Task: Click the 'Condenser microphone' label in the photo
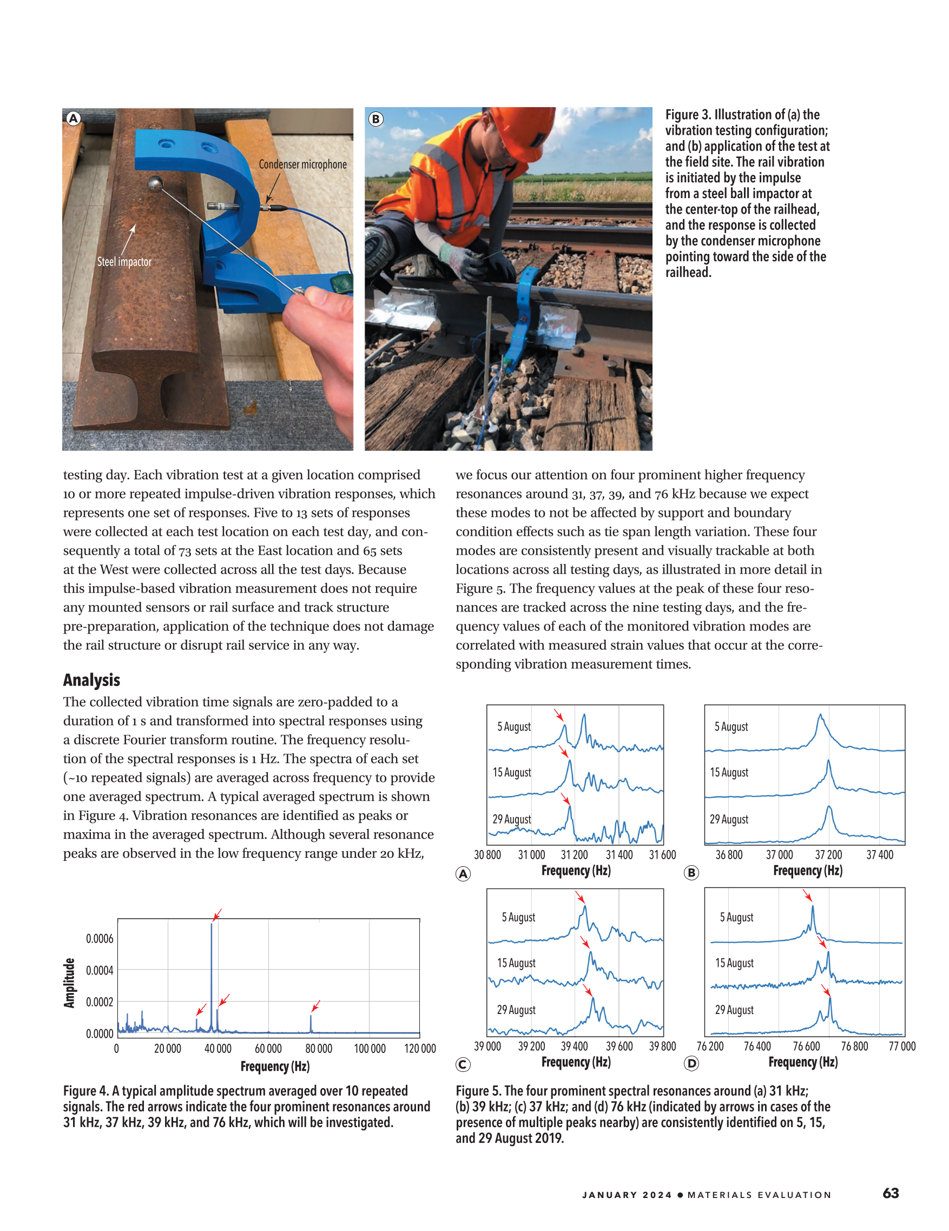(302, 164)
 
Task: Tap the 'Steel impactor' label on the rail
(124, 261)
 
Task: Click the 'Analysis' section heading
(91, 680)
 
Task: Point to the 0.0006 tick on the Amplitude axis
(99, 938)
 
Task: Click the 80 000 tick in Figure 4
(318, 1049)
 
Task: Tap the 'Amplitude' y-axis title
(69, 983)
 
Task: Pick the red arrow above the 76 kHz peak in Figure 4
(316, 1005)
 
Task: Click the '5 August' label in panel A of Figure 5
(513, 727)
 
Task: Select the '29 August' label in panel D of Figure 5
(734, 1010)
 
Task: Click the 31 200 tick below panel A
(574, 855)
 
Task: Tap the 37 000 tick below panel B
(779, 855)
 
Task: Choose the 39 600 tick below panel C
(619, 1046)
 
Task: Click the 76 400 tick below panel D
(757, 1046)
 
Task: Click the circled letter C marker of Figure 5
(463, 1064)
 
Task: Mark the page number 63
(891, 1193)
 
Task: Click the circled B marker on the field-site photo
(376, 119)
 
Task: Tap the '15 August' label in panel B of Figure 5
(729, 772)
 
